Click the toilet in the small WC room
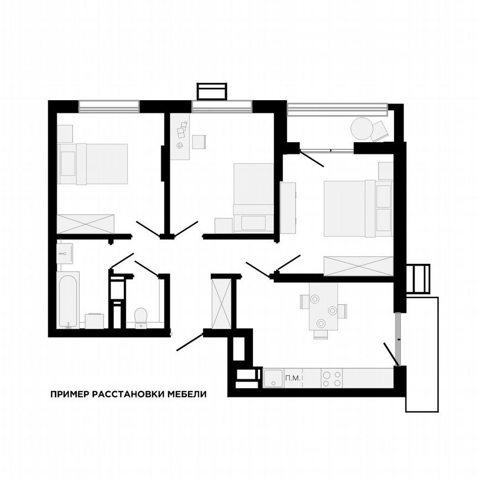pyautogui.click(x=141, y=316)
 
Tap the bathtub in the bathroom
pyautogui.click(x=68, y=299)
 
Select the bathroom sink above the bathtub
pyautogui.click(x=65, y=254)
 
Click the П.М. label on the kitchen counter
pyautogui.click(x=292, y=378)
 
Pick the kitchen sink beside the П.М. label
pyautogui.click(x=273, y=378)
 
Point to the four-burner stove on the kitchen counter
pyautogui.click(x=331, y=378)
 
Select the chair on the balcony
pyautogui.click(x=381, y=131)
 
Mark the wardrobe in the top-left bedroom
pyautogui.click(x=86, y=224)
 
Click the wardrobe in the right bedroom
pyautogui.click(x=358, y=266)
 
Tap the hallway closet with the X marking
pyautogui.click(x=221, y=304)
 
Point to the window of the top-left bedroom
pyautogui.click(x=108, y=106)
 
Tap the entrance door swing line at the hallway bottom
pyautogui.click(x=190, y=342)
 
